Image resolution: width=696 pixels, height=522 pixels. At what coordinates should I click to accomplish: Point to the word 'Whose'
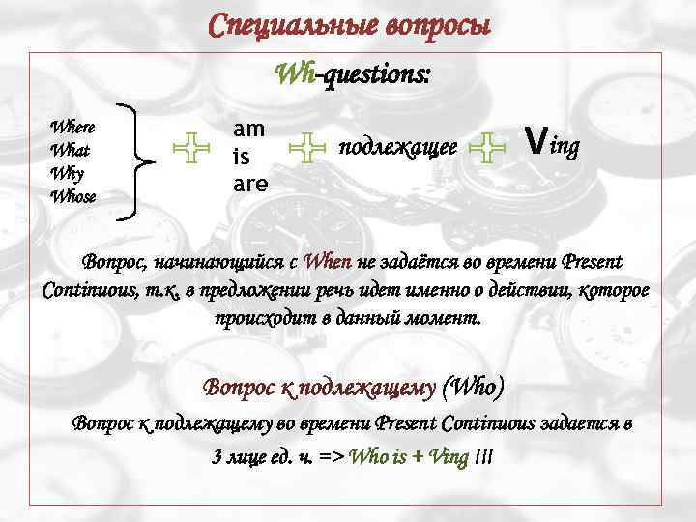coord(72,197)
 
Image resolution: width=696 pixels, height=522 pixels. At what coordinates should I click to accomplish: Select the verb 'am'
coord(248,130)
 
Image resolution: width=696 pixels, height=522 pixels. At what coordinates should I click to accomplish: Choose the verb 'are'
coord(249,180)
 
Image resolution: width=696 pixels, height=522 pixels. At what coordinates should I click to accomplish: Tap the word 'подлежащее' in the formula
coord(397,148)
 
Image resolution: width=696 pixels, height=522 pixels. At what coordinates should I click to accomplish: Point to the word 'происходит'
coord(263,318)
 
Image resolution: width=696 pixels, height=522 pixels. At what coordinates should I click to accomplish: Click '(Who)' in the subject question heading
coord(471,388)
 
